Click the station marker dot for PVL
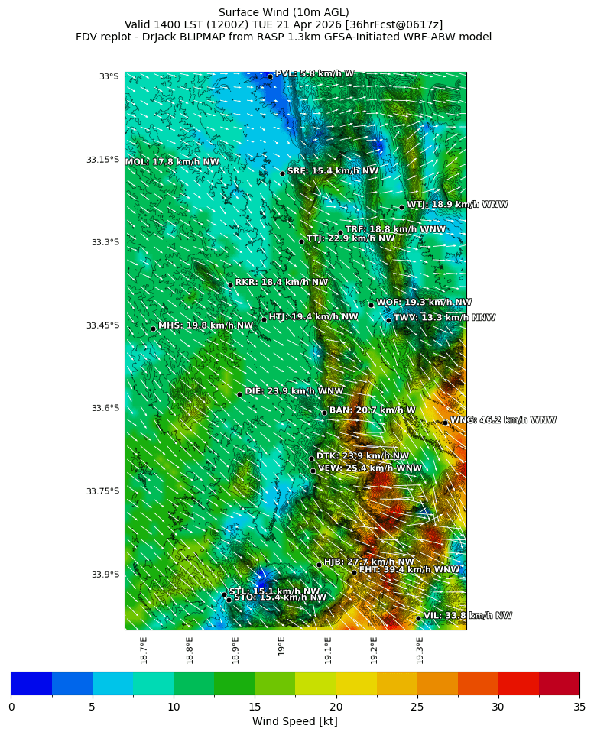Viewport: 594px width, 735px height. click(270, 76)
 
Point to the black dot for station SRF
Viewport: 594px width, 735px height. click(282, 173)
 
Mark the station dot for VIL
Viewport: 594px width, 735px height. click(419, 618)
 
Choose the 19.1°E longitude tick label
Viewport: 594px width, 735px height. click(328, 650)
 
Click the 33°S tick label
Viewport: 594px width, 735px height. click(109, 76)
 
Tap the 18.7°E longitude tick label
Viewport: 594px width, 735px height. click(144, 650)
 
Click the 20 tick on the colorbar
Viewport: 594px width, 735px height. click(336, 707)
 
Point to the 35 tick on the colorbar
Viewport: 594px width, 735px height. click(579, 707)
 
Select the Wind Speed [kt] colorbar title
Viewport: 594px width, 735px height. click(295, 722)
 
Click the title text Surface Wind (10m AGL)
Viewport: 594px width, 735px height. click(284, 12)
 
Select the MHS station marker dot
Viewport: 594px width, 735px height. click(153, 329)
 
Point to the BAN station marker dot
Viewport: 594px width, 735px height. click(324, 413)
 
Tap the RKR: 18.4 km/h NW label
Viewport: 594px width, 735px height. click(281, 283)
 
